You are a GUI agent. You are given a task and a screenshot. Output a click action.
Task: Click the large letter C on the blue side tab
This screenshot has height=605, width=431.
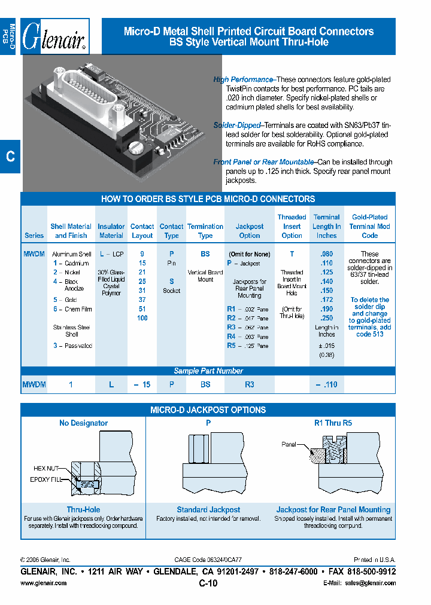tap(10, 157)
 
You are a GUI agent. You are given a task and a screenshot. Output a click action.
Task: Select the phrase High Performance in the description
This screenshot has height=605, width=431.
tap(243, 80)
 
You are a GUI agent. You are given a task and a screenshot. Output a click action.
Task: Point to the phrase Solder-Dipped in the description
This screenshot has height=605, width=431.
tap(237, 126)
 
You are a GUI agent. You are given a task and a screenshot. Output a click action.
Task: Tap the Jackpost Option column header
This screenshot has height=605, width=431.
tap(250, 231)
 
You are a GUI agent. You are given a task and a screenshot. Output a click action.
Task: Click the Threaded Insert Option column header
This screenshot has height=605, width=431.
tap(292, 227)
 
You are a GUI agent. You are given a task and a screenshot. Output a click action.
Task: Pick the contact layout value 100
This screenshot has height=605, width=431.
tap(142, 318)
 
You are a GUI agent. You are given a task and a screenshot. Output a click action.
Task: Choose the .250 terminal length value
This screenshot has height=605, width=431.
tap(326, 318)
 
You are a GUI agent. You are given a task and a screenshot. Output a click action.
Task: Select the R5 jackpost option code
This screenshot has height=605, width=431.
tap(231, 346)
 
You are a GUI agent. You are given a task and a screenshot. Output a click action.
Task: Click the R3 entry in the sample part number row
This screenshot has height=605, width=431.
tap(250, 385)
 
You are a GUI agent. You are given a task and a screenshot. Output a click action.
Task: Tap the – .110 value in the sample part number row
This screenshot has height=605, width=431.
tap(326, 385)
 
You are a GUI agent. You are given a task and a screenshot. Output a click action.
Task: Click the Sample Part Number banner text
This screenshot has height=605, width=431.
tap(208, 371)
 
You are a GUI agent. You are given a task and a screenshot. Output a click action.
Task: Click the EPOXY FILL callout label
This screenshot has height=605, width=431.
tap(47, 479)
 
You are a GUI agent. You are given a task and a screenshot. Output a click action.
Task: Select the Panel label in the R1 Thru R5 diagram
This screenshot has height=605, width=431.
tap(290, 444)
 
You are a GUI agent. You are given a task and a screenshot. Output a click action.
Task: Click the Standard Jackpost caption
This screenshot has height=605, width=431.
tap(208, 509)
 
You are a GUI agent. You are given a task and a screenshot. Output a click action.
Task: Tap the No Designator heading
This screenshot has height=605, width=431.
tap(83, 423)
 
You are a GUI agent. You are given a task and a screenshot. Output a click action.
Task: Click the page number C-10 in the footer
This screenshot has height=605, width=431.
tap(208, 584)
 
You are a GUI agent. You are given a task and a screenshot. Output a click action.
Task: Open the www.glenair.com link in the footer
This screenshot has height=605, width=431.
tap(44, 583)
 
